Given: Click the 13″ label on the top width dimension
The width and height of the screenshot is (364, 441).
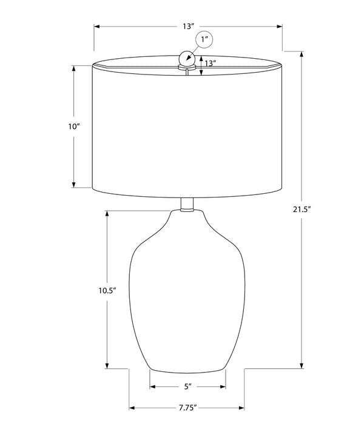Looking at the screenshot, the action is point(189,27).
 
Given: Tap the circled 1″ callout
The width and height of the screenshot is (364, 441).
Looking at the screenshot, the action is point(204,39).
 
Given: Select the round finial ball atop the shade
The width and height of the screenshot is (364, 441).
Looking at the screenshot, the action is point(187,59).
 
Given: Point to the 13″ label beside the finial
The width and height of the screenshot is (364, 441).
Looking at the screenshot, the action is point(210,64).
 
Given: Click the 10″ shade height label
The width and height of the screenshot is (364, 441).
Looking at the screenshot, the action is point(74,127).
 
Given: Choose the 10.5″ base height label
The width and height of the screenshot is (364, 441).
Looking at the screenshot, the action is point(107,291).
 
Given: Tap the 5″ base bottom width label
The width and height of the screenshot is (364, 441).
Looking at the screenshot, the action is point(188,386).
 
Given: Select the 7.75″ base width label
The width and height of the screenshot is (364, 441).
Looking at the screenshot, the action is point(187,408).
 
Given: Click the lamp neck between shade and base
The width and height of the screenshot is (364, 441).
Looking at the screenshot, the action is point(187,205).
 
